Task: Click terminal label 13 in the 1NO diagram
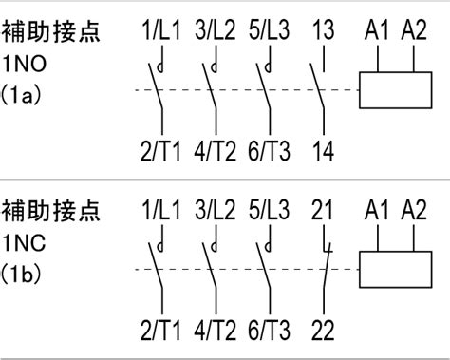coord(323,29)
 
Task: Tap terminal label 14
coord(323,151)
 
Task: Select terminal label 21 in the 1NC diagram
coord(322,210)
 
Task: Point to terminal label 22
coord(323,331)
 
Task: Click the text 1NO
coord(25,64)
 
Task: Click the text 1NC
coord(25,243)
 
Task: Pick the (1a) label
coord(21,95)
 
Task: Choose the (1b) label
coord(21,274)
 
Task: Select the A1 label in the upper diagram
coord(376,30)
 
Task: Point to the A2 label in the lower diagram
coord(414,210)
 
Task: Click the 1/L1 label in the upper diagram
coord(161,29)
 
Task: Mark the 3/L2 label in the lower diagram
coord(216,210)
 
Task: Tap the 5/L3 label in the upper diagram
coord(269,29)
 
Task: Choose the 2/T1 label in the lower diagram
coord(160,331)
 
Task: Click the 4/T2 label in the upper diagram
coord(216,151)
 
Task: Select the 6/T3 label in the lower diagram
coord(269,331)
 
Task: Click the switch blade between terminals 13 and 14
coord(317,86)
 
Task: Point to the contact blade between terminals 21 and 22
coord(327,266)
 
